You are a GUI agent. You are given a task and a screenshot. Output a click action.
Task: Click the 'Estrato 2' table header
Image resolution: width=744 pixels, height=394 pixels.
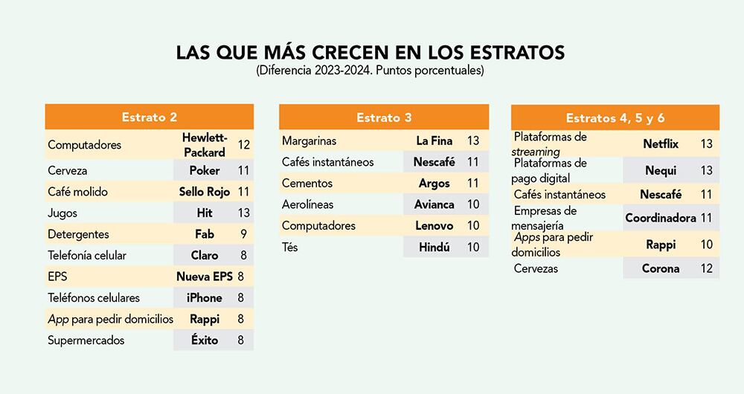point(149,117)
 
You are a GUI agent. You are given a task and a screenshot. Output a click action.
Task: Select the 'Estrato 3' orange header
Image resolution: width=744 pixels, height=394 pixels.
point(383,117)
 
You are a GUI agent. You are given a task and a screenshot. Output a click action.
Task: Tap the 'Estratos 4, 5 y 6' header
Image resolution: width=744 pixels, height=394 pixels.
point(615,117)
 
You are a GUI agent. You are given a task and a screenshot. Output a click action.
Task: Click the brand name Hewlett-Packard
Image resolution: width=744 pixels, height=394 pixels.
point(204,145)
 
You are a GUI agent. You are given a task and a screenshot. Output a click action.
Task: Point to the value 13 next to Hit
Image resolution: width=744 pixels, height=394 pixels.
point(243,213)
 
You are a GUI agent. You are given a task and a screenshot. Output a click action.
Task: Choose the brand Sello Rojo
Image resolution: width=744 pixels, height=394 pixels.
point(204,192)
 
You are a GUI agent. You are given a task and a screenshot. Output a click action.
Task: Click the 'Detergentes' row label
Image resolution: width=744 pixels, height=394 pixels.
point(78,234)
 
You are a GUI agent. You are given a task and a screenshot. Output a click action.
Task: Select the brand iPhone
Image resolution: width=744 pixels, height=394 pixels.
point(204,297)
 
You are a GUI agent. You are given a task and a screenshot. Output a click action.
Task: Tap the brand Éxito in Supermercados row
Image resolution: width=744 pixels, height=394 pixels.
point(204,340)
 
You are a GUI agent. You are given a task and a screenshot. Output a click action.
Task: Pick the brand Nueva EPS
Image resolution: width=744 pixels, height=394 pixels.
point(204,277)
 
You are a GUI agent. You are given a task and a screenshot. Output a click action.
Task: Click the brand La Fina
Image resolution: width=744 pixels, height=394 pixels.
point(434,141)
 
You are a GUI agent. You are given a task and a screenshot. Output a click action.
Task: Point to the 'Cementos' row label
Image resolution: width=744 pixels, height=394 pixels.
point(307,183)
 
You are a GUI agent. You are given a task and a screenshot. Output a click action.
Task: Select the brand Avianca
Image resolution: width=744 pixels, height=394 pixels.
point(434,204)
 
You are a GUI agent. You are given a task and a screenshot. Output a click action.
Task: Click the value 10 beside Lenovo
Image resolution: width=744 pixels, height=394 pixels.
point(473,225)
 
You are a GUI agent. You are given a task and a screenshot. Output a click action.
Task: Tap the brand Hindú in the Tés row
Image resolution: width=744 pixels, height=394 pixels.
point(434,247)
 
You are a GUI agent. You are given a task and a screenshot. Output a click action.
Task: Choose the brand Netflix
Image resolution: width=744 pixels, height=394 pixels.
point(661,143)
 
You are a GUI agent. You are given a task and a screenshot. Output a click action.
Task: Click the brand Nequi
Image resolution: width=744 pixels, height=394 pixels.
point(661,170)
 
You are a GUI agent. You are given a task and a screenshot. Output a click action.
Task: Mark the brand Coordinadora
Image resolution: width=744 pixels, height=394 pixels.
point(661,218)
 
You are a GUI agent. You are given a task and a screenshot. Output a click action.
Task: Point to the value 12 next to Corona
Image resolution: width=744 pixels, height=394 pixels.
point(707,268)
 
